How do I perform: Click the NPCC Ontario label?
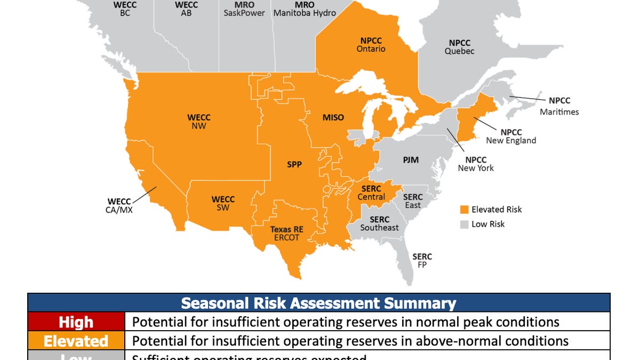click(x=371, y=44)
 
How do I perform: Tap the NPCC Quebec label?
click(x=459, y=47)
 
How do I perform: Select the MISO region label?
click(x=333, y=117)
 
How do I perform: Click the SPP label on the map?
click(x=294, y=165)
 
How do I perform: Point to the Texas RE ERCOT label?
click(x=286, y=233)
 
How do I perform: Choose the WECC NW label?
click(x=199, y=122)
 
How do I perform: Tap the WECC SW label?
click(x=223, y=203)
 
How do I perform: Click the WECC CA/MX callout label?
click(x=119, y=205)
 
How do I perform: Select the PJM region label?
click(x=411, y=159)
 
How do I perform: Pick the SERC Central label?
click(x=371, y=193)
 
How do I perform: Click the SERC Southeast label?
click(x=379, y=223)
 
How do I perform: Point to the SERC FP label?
click(x=422, y=260)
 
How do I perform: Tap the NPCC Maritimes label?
click(x=559, y=106)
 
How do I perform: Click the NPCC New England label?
click(x=511, y=136)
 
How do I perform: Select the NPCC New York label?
click(x=476, y=164)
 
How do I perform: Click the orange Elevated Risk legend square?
click(x=465, y=209)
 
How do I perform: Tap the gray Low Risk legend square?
click(x=465, y=224)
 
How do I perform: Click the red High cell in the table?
click(x=76, y=322)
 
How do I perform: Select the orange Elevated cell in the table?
click(x=76, y=340)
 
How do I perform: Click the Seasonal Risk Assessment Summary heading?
click(x=318, y=303)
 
